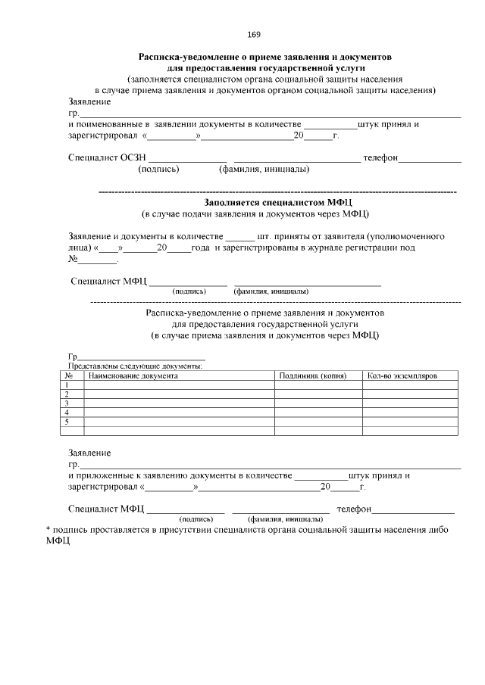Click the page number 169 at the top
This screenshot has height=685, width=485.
pyautogui.click(x=254, y=35)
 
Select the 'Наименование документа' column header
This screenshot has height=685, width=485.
pyautogui.click(x=133, y=375)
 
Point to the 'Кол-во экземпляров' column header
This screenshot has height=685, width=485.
pyautogui.click(x=402, y=375)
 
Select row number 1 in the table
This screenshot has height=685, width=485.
pyautogui.click(x=68, y=385)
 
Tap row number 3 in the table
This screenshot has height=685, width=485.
pyautogui.click(x=68, y=403)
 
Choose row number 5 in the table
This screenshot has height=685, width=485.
pyautogui.click(x=68, y=421)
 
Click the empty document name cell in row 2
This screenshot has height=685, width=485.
pyautogui.click(x=179, y=394)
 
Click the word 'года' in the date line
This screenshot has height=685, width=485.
pyautogui.click(x=201, y=248)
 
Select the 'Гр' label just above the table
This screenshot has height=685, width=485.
pyautogui.click(x=73, y=357)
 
